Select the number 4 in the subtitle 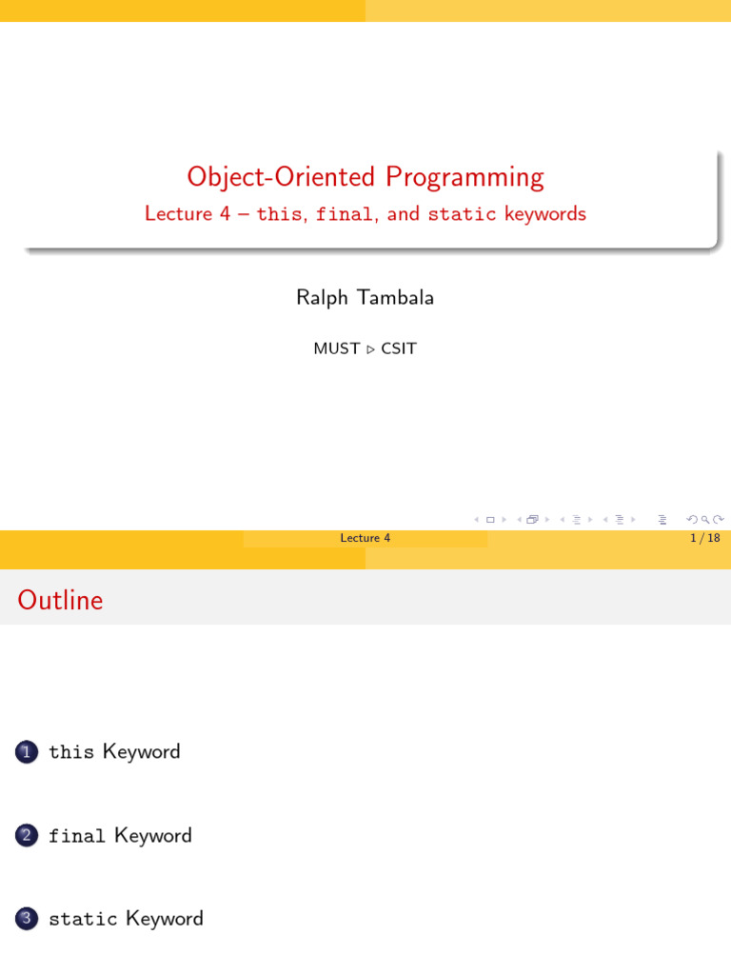pos(225,214)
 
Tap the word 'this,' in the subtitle pos(280,214)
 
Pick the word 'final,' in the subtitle pos(346,214)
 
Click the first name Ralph pos(324,298)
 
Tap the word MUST pos(336,348)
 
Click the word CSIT pos(399,348)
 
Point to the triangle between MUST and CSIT pos(370,349)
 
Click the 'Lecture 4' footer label pos(365,538)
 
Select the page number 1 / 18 pos(704,538)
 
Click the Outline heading pos(60,601)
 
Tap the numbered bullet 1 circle pos(26,752)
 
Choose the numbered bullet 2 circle pos(26,836)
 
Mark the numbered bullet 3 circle pos(26,919)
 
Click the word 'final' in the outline pos(76,836)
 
